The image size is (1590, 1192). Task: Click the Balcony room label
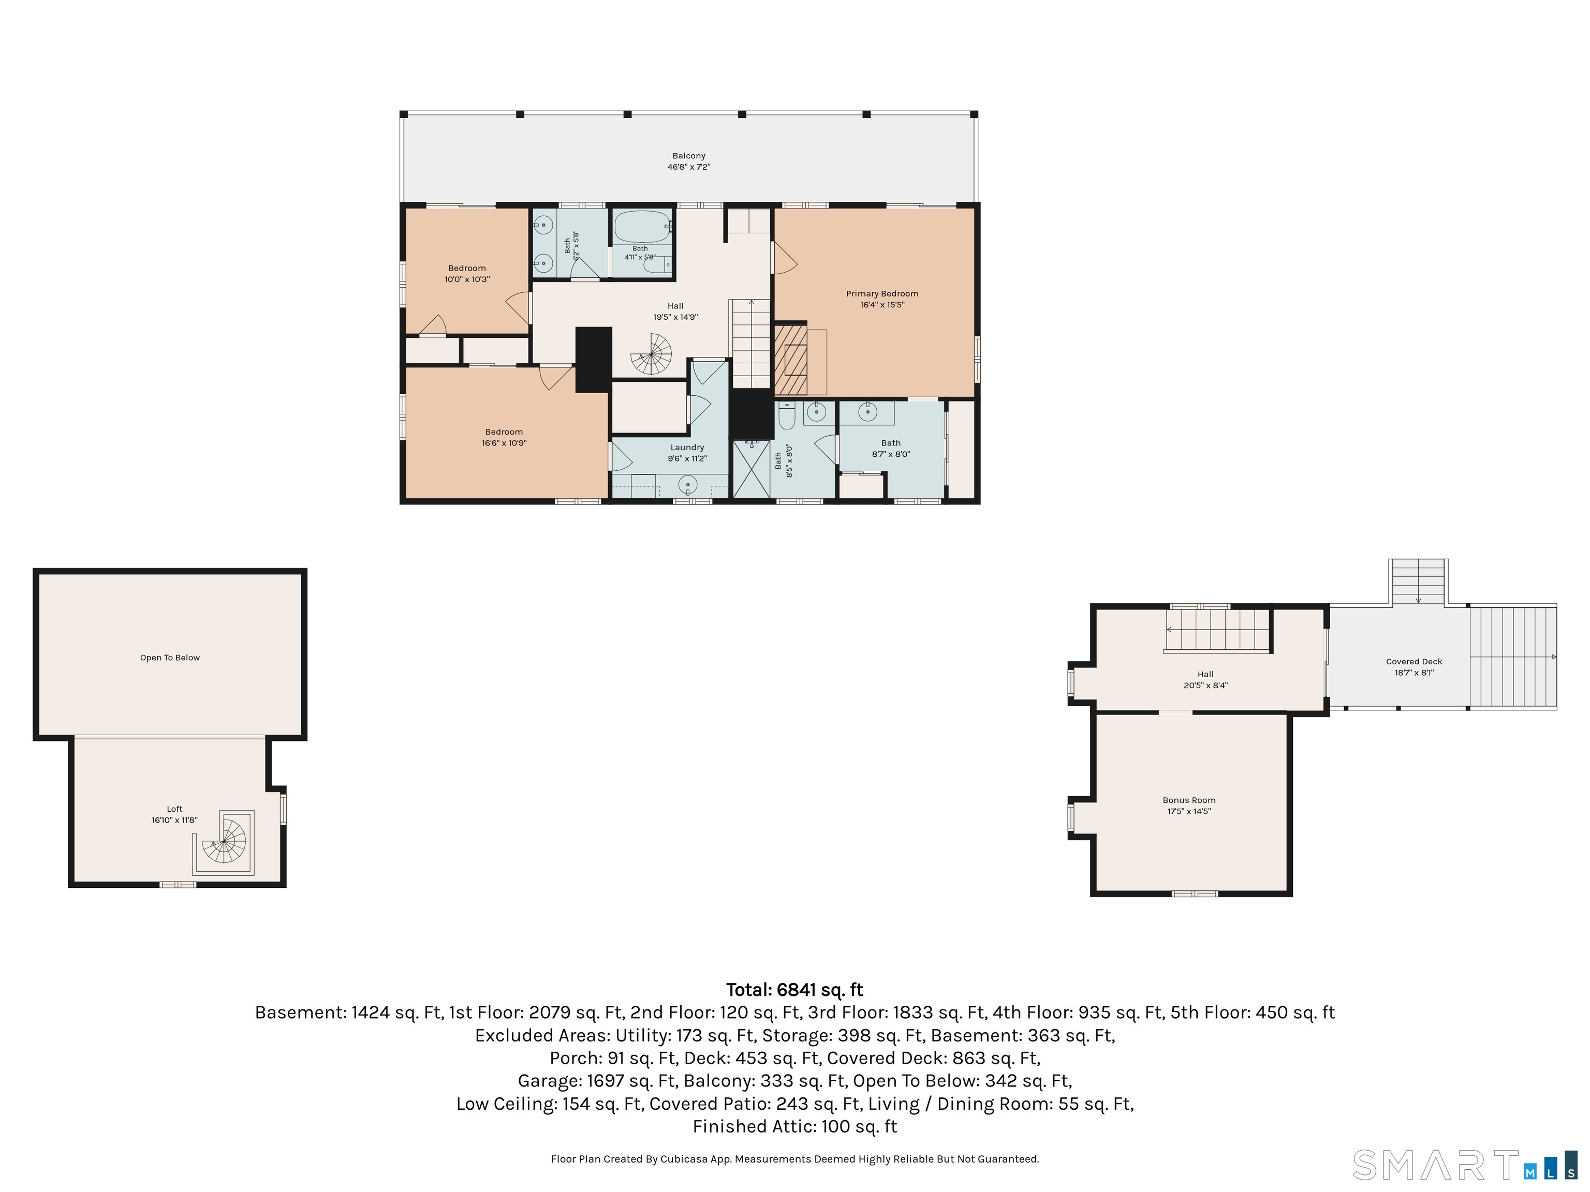[688, 156]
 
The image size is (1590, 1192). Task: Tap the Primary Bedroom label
[882, 294]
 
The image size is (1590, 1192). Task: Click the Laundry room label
[687, 448]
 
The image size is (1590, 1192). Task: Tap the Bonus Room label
[1189, 800]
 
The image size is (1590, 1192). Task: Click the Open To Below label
[170, 658]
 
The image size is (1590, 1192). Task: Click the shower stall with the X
[751, 468]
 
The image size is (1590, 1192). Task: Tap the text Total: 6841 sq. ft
[794, 990]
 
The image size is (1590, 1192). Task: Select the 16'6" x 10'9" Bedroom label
[504, 438]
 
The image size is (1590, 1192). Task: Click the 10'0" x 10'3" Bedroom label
[467, 274]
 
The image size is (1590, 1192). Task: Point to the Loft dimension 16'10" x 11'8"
[174, 820]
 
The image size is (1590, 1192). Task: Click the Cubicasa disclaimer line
[795, 1159]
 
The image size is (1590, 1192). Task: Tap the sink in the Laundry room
[688, 486]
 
